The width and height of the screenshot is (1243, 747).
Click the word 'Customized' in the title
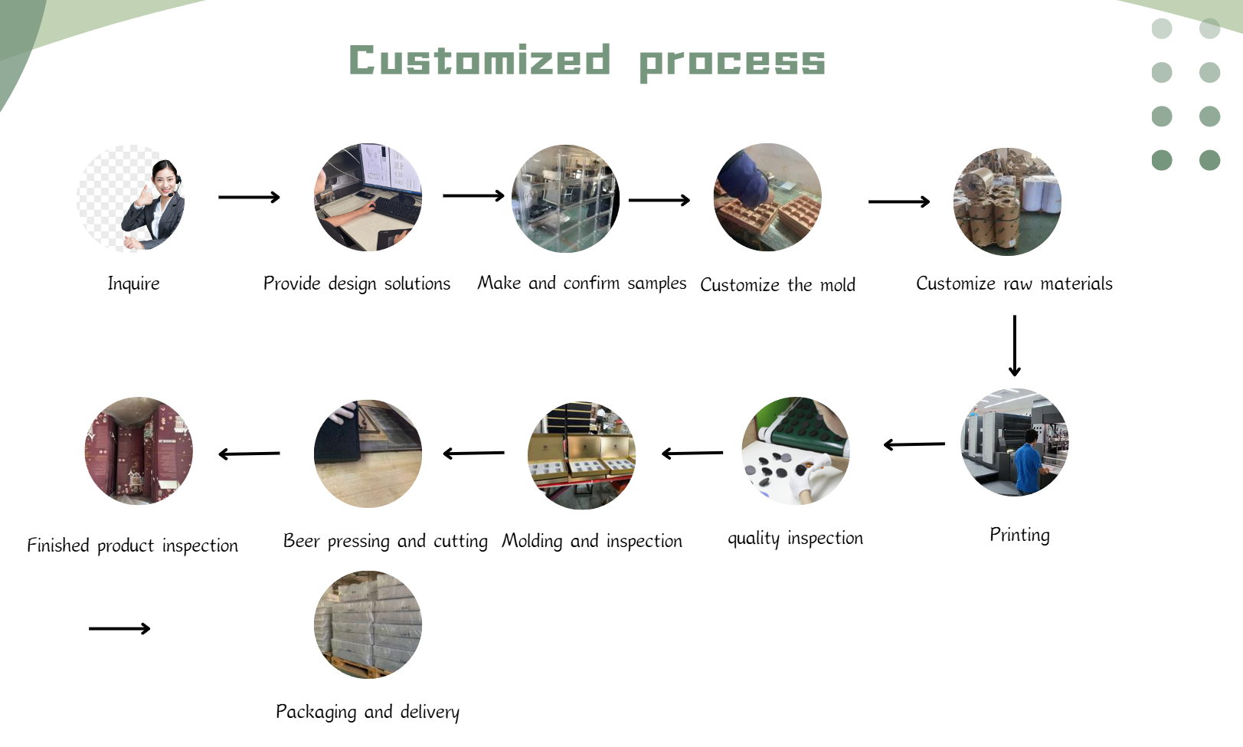pyautogui.click(x=480, y=60)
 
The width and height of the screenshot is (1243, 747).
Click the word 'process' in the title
pyautogui.click(x=732, y=63)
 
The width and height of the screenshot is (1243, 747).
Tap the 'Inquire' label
pyautogui.click(x=133, y=283)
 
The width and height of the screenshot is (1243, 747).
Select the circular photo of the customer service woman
pyautogui.click(x=131, y=198)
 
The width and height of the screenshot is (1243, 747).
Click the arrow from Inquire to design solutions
pyautogui.click(x=249, y=197)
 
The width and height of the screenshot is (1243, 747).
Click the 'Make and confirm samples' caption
pyautogui.click(x=581, y=283)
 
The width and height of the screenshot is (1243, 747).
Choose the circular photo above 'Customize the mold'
pyautogui.click(x=767, y=198)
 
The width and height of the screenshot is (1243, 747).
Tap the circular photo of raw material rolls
pyautogui.click(x=1007, y=201)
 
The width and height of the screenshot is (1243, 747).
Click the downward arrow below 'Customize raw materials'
pyautogui.click(x=1014, y=346)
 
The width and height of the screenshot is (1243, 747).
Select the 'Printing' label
pyautogui.click(x=1020, y=535)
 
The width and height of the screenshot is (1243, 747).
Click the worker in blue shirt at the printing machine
pyautogui.click(x=1029, y=462)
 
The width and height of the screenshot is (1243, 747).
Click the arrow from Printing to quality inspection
pyautogui.click(x=914, y=444)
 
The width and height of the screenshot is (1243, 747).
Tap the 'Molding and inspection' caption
pyautogui.click(x=592, y=541)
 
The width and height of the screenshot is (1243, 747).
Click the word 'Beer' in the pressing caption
pyautogui.click(x=301, y=541)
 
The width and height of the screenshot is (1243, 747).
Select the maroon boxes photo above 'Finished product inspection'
pyautogui.click(x=139, y=450)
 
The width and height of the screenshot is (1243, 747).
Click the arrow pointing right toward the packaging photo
pyautogui.click(x=119, y=628)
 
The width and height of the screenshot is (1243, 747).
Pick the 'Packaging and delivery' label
pyautogui.click(x=368, y=712)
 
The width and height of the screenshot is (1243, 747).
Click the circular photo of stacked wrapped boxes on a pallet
pyautogui.click(x=368, y=624)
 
